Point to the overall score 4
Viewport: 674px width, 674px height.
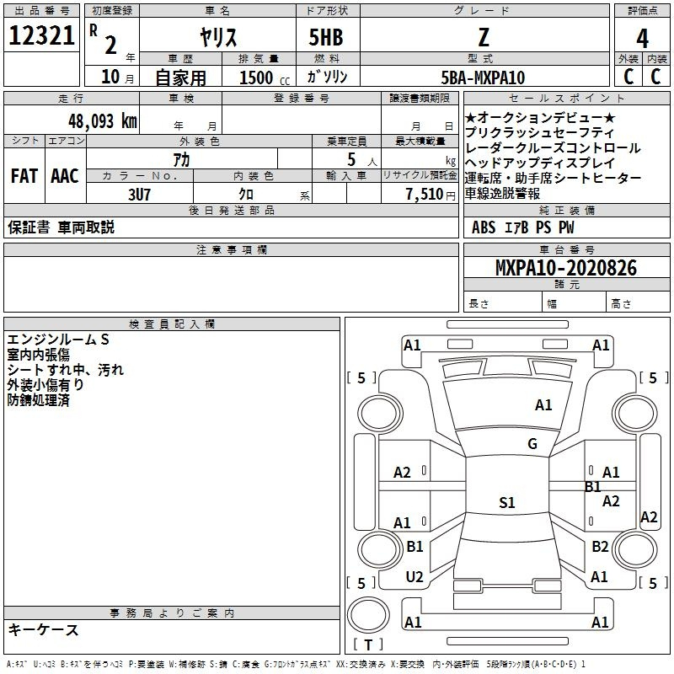642,39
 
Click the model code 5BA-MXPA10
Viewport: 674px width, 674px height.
484,78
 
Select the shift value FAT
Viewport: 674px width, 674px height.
24,176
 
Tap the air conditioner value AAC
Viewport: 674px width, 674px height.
65,176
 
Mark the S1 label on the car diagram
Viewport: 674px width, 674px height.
506,503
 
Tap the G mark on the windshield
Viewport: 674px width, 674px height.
532,444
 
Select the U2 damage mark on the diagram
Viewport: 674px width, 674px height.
415,577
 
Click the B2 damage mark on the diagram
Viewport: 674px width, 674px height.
599,547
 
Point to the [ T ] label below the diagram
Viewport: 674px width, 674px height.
367,645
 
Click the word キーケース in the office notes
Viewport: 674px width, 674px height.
44,630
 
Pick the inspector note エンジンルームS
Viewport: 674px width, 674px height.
58,339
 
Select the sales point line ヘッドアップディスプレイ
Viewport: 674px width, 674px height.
540,163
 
